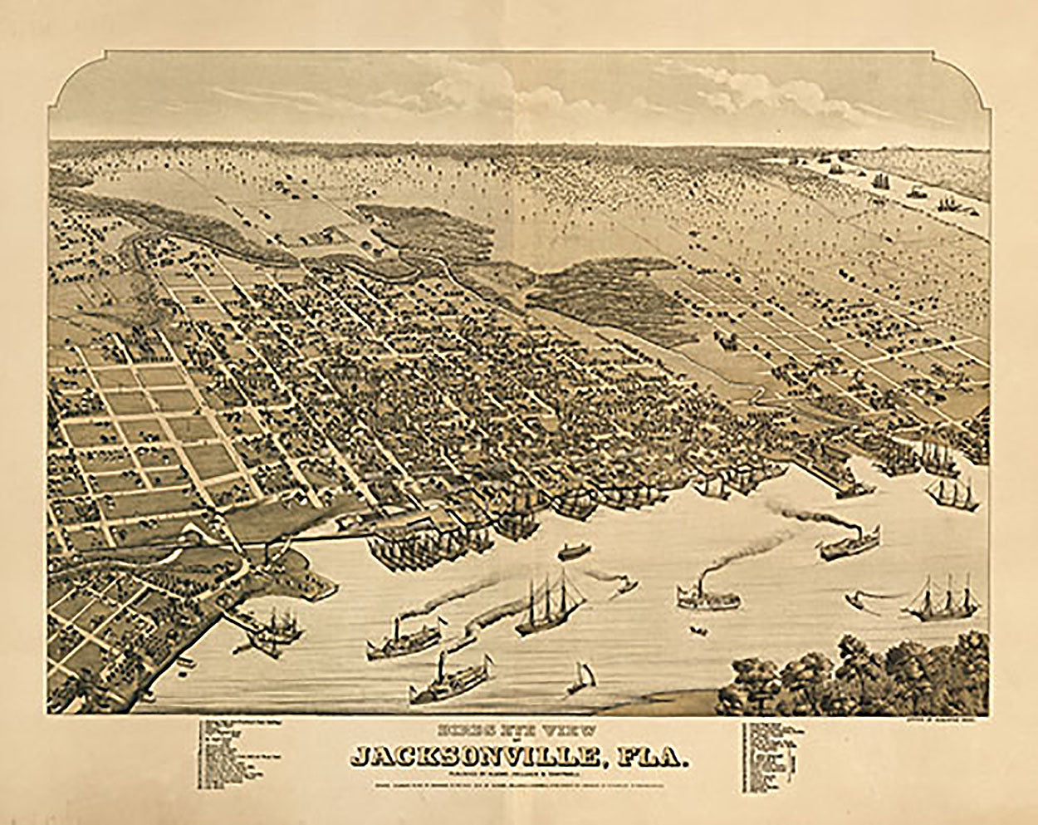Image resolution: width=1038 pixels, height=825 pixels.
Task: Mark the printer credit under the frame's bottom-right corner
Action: [x=943, y=721]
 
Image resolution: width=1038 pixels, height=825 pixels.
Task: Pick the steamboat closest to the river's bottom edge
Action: [x=448, y=679]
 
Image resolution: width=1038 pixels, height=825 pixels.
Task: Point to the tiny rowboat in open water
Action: [x=698, y=631]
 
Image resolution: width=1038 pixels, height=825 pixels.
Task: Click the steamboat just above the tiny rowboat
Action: [x=707, y=594]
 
